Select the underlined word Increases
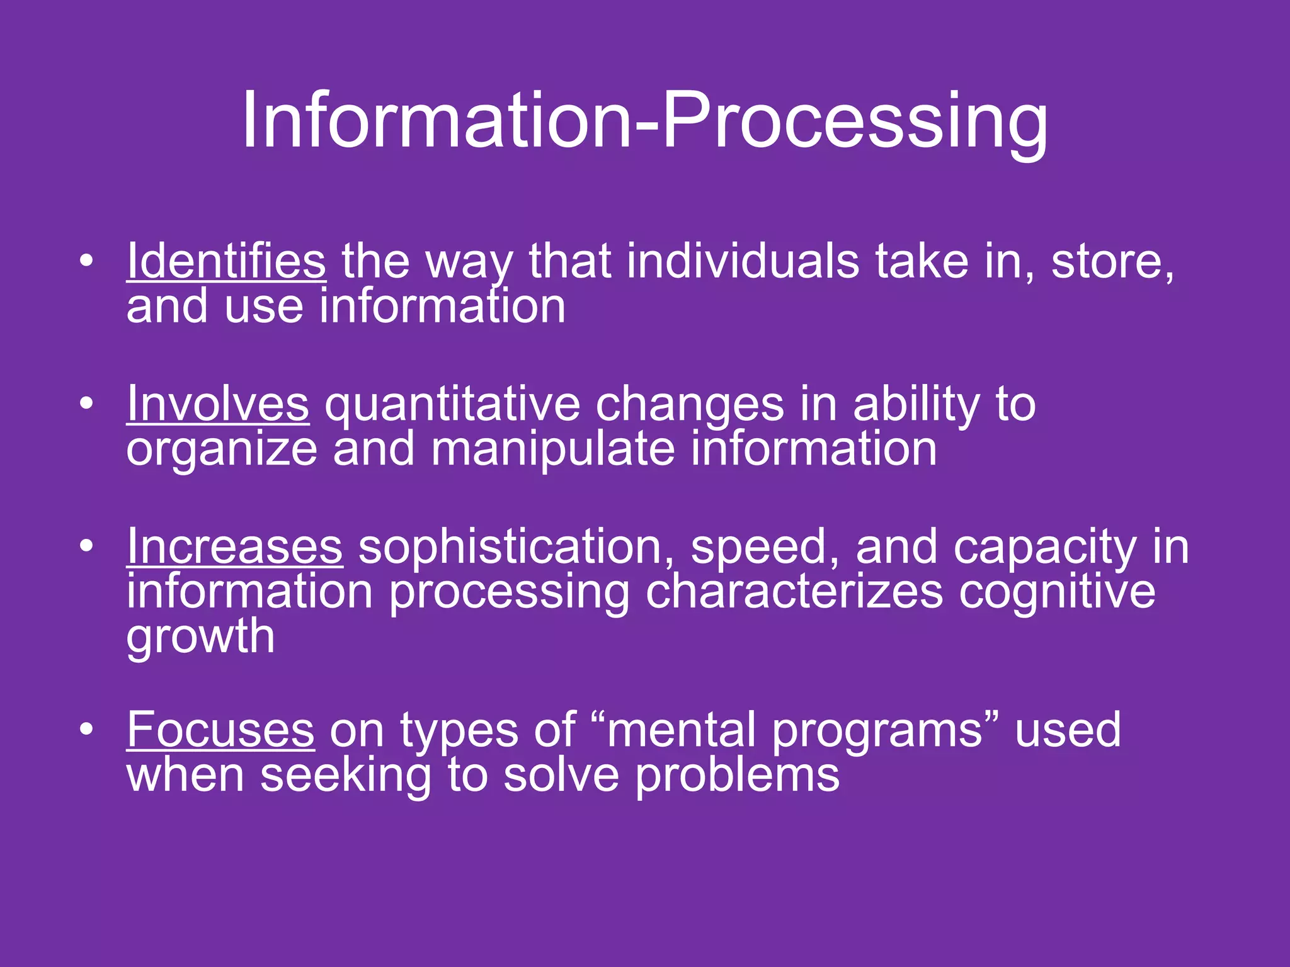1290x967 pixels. (x=234, y=546)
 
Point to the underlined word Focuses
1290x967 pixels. (x=220, y=730)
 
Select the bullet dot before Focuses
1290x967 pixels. (x=86, y=729)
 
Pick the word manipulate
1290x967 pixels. (x=552, y=450)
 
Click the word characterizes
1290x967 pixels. (x=794, y=592)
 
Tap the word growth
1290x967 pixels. (x=200, y=637)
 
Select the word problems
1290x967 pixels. (x=736, y=776)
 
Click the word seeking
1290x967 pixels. (x=345, y=776)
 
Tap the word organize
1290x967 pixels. (x=222, y=451)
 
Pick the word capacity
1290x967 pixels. (x=1045, y=548)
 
